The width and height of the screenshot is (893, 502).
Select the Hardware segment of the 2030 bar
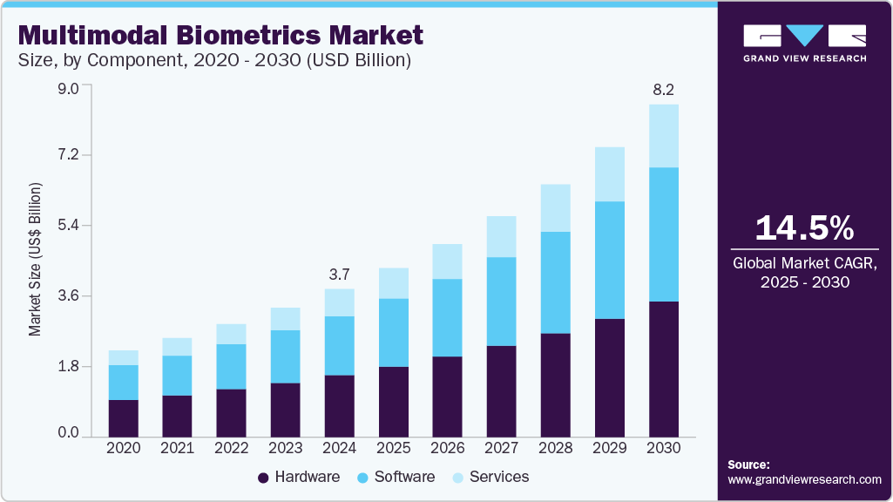tap(663, 369)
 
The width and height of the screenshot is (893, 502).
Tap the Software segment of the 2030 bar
tap(663, 234)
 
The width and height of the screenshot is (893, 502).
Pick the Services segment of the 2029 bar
tap(609, 174)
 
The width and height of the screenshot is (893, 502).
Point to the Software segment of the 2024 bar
tap(339, 346)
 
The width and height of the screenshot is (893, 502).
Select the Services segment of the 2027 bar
tap(501, 237)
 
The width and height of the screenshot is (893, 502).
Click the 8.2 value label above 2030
tap(663, 90)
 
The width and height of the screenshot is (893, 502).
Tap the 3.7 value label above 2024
tap(339, 275)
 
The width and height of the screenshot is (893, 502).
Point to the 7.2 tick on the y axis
tap(67, 156)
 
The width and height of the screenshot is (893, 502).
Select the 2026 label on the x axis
tap(447, 447)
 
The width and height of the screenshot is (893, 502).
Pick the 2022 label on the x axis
tap(231, 447)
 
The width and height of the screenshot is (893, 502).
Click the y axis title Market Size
tap(36, 260)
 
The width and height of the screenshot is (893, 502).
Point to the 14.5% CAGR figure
tap(803, 228)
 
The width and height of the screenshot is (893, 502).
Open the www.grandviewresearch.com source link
tap(804, 479)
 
